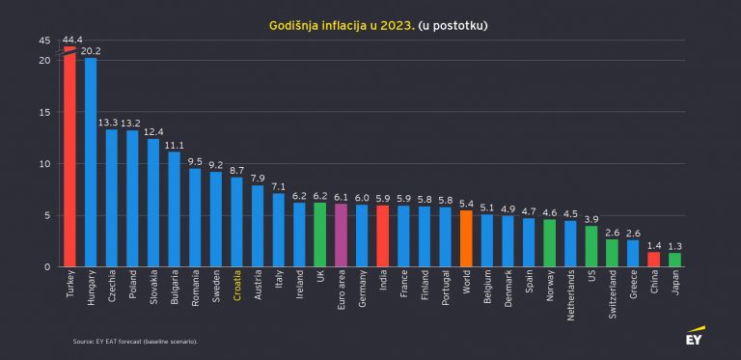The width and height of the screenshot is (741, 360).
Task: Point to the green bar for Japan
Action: coord(674,260)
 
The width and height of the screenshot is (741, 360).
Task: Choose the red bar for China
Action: coord(653,259)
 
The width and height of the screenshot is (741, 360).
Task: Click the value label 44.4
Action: coord(71,40)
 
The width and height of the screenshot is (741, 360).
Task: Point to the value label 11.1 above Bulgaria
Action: coord(174,145)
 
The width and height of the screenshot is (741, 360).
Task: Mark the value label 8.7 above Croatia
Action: coord(236,170)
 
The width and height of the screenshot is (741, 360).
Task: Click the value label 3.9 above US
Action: coord(591,219)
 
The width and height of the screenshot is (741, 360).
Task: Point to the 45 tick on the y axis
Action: coord(44,41)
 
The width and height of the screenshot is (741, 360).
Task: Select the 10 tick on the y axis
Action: coord(44,163)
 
